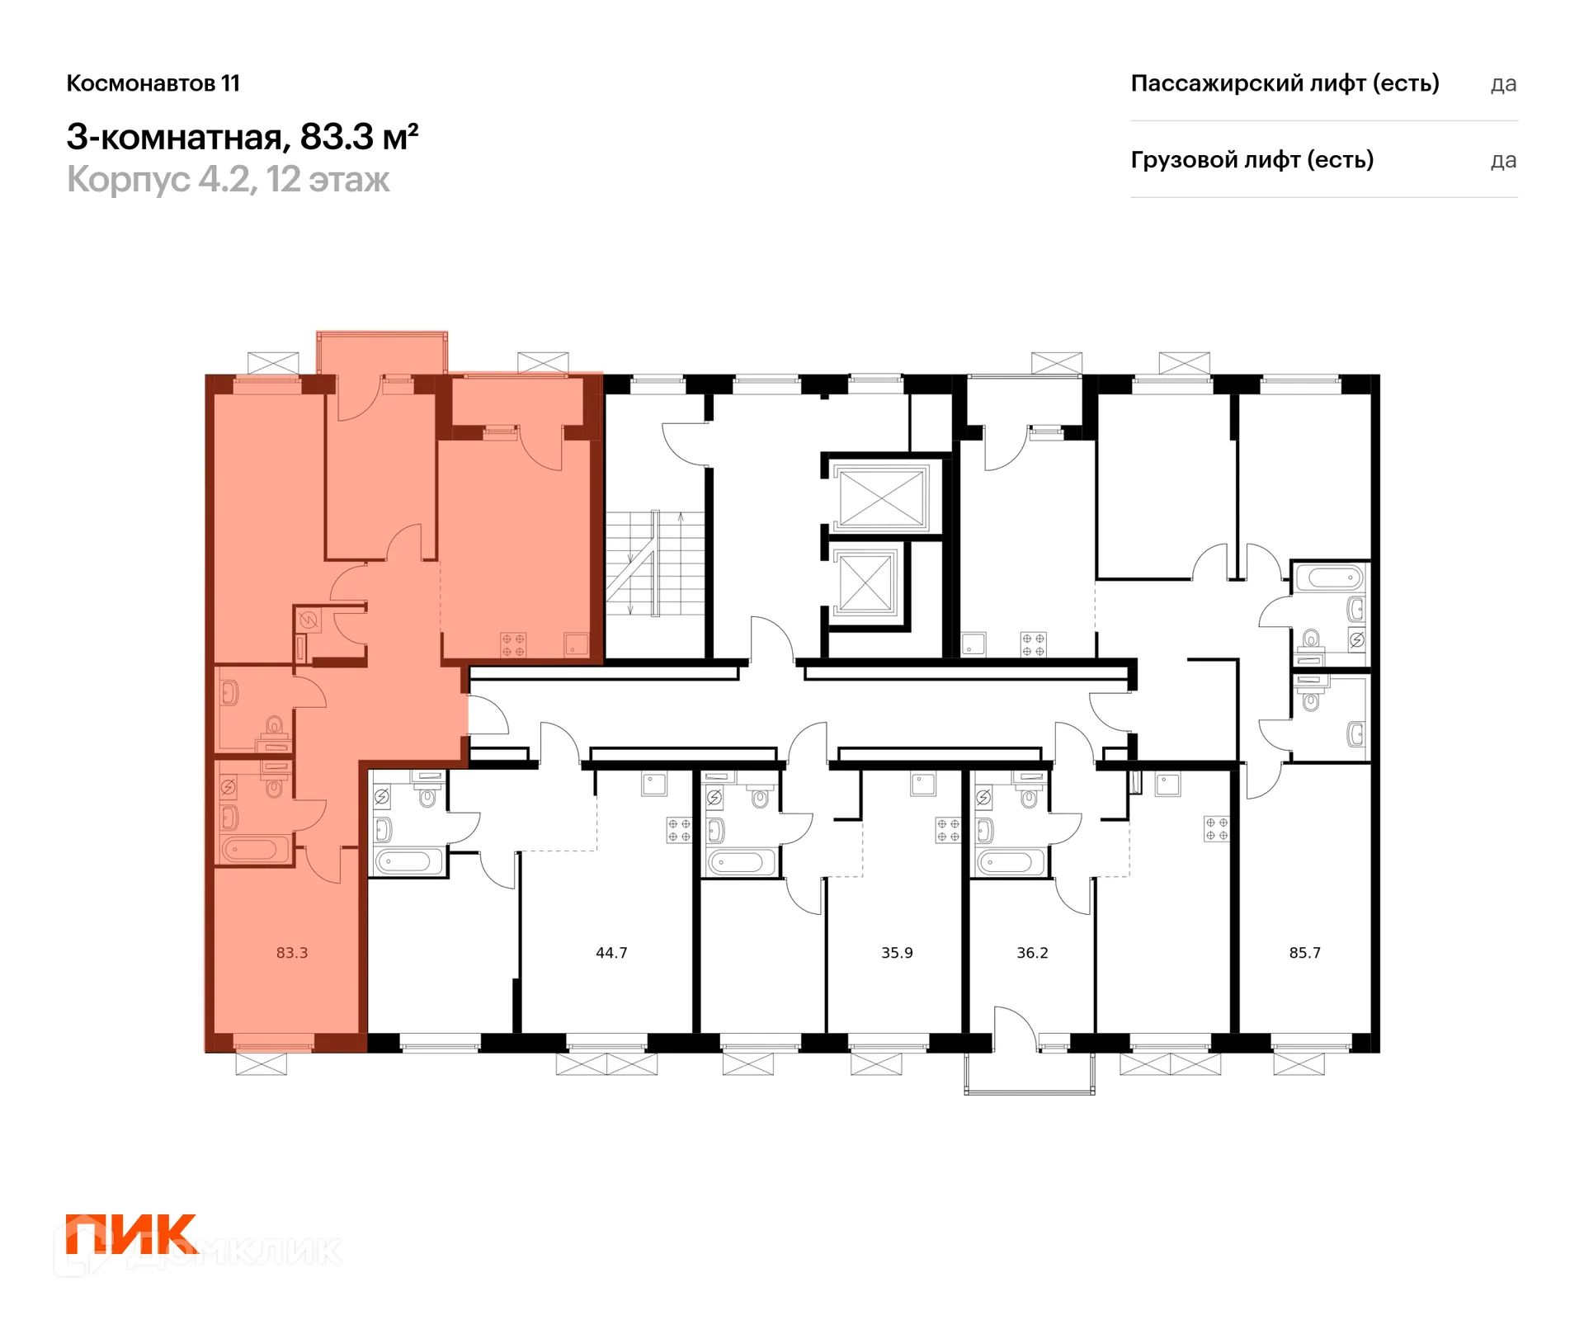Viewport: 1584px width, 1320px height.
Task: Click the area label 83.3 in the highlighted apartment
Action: point(292,953)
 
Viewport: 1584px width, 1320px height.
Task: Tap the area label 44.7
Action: point(611,953)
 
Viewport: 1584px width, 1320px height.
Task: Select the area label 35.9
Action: point(897,953)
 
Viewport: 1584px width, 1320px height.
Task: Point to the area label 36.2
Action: point(1032,953)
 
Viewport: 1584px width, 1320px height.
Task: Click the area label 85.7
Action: point(1304,953)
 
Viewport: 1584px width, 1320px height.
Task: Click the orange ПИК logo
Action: point(132,1234)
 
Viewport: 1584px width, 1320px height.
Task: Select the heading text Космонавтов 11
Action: point(153,83)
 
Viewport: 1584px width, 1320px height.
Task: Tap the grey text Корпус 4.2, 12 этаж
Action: point(228,180)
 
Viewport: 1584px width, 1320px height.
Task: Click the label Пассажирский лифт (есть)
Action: point(1285,83)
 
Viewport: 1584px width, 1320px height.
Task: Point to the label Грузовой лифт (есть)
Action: point(1252,160)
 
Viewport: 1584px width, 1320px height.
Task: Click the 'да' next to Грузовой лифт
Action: point(1503,161)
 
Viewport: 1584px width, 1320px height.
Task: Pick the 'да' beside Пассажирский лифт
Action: point(1503,84)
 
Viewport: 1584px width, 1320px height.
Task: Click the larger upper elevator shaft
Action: point(881,497)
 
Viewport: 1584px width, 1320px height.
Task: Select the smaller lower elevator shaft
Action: point(865,582)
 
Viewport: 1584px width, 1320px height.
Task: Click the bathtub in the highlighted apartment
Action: point(254,849)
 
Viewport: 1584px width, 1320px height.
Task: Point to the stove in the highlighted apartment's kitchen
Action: point(513,645)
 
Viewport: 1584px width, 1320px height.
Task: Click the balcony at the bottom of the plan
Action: point(1030,1073)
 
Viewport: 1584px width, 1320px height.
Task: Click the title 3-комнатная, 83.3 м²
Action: point(243,137)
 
